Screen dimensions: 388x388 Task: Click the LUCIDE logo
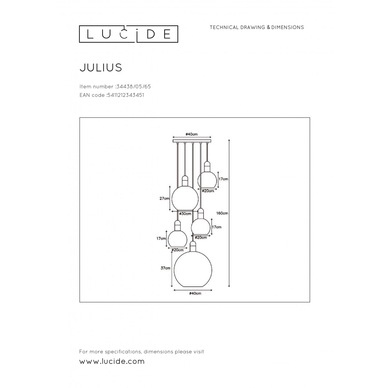129,34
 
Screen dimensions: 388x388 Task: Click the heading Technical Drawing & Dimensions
257,27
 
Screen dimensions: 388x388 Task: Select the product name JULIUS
101,68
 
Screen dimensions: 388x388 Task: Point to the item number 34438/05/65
132,87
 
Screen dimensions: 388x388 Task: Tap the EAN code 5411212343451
125,95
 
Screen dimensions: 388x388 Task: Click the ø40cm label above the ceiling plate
192,134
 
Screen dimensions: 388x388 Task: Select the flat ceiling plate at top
192,141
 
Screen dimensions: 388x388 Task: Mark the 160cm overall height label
222,213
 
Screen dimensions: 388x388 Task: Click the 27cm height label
164,199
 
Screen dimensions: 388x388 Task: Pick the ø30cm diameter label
185,214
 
